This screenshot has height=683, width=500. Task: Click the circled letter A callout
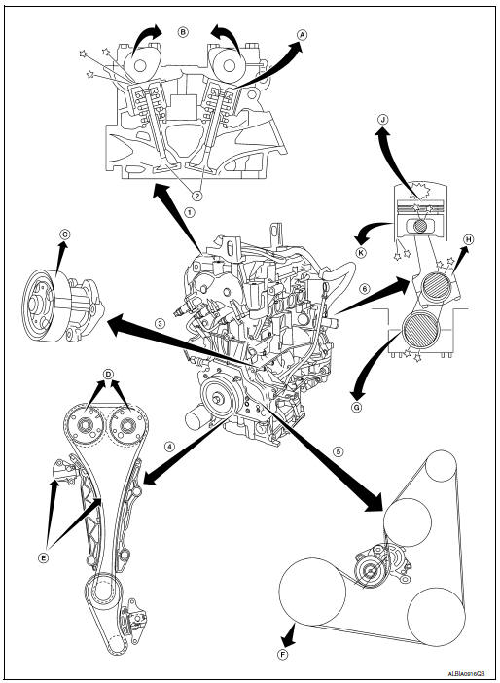coord(302,33)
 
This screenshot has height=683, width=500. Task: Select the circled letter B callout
coord(182,31)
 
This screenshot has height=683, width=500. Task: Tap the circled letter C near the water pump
coord(64,234)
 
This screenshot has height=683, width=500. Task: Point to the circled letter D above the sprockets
coord(109,374)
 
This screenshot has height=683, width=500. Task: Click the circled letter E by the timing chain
coord(43,558)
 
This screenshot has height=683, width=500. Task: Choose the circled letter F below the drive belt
coord(282,655)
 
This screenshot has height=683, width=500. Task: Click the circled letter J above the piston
coord(382,121)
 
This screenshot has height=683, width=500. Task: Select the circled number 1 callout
coord(191,208)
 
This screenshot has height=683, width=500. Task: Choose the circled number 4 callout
coord(169,448)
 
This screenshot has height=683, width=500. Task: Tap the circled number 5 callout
coord(339,451)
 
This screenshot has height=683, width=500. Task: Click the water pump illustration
coord(57,299)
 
